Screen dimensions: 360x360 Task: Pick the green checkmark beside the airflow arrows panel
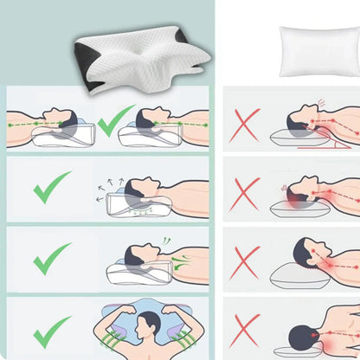(52, 187)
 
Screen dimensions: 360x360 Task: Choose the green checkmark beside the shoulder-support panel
(52, 259)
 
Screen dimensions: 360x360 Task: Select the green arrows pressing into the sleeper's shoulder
(183, 260)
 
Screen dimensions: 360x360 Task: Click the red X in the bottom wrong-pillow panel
(245, 331)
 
